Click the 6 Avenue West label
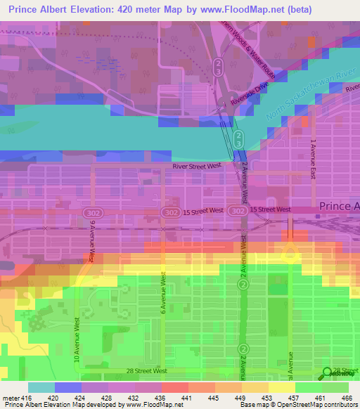click(162, 294)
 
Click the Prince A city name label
click(340, 207)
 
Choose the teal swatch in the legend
click(41, 387)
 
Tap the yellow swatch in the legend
click(281, 387)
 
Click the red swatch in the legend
click(174, 387)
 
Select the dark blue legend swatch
click(68, 387)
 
